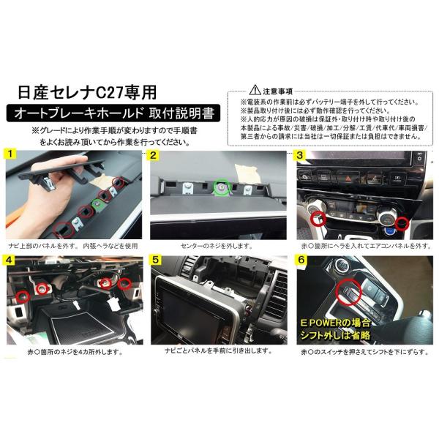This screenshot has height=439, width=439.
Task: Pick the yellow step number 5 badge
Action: pyautogui.click(x=154, y=260)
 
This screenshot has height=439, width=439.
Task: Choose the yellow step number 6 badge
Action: pyautogui.click(x=300, y=260)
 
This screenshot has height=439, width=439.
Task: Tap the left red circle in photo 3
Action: pyautogui.click(x=317, y=217)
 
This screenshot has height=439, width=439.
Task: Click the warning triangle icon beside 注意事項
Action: pyautogui.click(x=253, y=88)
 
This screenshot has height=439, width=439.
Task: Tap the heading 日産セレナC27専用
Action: pyautogui.click(x=87, y=94)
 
